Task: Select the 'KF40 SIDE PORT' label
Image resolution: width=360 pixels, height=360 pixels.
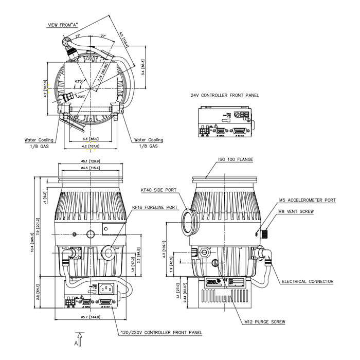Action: point(159,190)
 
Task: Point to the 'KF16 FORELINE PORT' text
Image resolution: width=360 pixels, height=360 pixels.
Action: point(155,208)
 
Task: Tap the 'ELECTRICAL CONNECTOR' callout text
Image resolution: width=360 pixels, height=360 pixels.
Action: point(308,281)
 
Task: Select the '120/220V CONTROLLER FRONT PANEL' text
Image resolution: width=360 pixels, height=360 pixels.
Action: point(161,332)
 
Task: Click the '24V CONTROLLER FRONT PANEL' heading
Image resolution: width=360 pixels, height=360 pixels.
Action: point(225,96)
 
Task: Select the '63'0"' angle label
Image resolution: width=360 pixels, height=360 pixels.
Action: point(79,82)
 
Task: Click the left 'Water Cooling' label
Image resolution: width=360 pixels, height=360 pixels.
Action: point(38,139)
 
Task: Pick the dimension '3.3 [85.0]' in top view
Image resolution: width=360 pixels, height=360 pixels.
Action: point(91,139)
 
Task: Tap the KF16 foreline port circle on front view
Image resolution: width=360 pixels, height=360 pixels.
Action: point(109,251)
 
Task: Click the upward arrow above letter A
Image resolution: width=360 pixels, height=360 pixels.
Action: point(78,335)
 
